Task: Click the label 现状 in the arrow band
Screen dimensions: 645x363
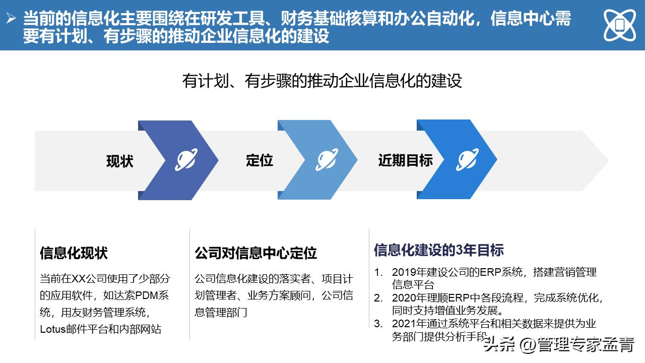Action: pos(120,161)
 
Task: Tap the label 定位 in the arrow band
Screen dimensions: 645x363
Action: pos(260,160)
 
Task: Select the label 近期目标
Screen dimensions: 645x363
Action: pos(406,160)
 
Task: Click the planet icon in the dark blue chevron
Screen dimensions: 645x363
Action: pos(186,160)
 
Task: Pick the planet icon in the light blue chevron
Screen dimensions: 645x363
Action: pos(327,160)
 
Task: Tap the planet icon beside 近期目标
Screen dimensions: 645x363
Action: pos(468,160)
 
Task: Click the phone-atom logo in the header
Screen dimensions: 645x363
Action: pos(619,25)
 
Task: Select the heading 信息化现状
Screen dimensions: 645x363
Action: pos(74,253)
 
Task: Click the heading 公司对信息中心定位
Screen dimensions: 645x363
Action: pos(255,253)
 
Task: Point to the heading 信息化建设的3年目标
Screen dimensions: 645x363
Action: pos(438,250)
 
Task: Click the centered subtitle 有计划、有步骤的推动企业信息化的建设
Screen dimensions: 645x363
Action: pos(322,81)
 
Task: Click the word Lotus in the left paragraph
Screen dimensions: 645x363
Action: pos(53,329)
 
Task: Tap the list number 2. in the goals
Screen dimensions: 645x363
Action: pos(378,297)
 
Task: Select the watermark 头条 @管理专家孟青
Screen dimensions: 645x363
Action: pos(559,345)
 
